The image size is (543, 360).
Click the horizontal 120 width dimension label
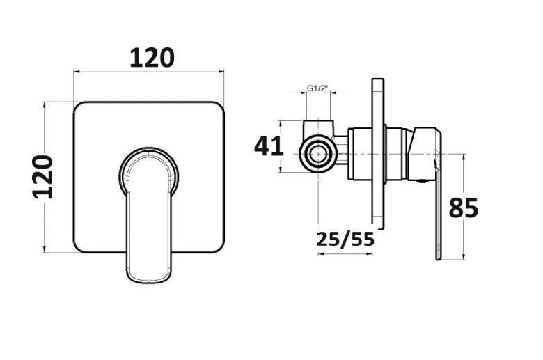click(152, 58)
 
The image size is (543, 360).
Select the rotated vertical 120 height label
click(43, 177)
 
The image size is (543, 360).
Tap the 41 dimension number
click(269, 146)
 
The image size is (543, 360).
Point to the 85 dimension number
click(464, 208)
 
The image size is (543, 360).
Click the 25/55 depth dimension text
click(345, 239)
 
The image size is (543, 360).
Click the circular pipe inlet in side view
click(318, 154)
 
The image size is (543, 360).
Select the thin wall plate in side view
click(378, 153)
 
